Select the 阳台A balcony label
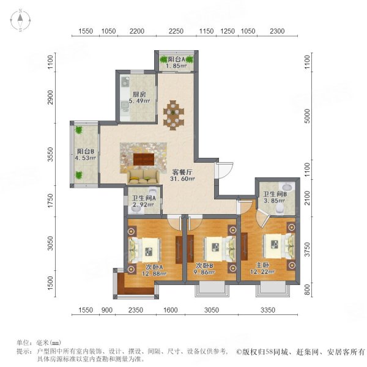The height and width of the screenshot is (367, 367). pyautogui.click(x=177, y=59)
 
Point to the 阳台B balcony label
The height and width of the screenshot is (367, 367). pyautogui.click(x=85, y=152)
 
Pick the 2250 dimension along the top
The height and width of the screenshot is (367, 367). pyautogui.click(x=176, y=31)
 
